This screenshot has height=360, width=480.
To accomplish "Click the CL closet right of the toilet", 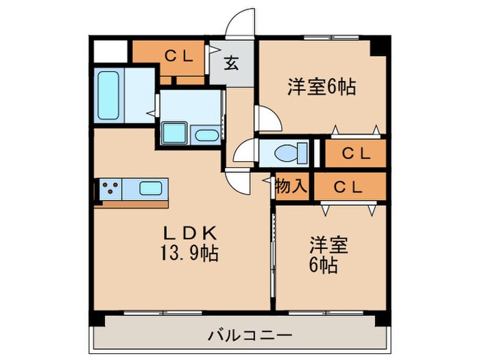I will [356, 154].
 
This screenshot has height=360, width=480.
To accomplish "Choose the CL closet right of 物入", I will [349, 186].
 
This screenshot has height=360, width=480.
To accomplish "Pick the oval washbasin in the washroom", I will [205, 134].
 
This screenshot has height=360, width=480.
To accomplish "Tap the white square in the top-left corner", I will [111, 51].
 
